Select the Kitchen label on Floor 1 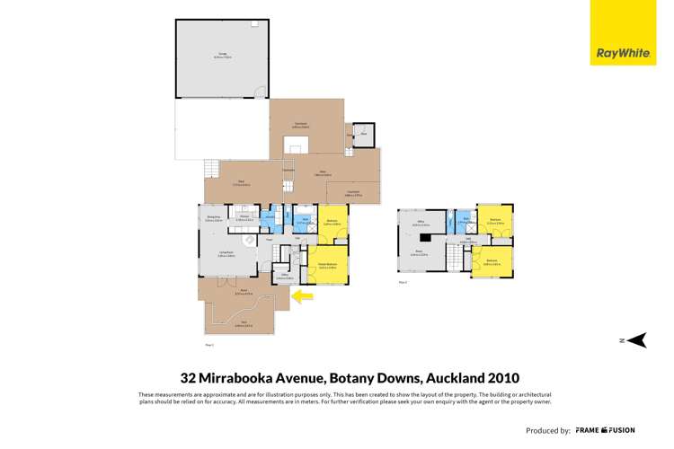coord(244,216)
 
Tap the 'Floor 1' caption coord(209,344)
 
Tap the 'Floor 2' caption coord(403,282)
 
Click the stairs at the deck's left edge coord(212,169)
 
